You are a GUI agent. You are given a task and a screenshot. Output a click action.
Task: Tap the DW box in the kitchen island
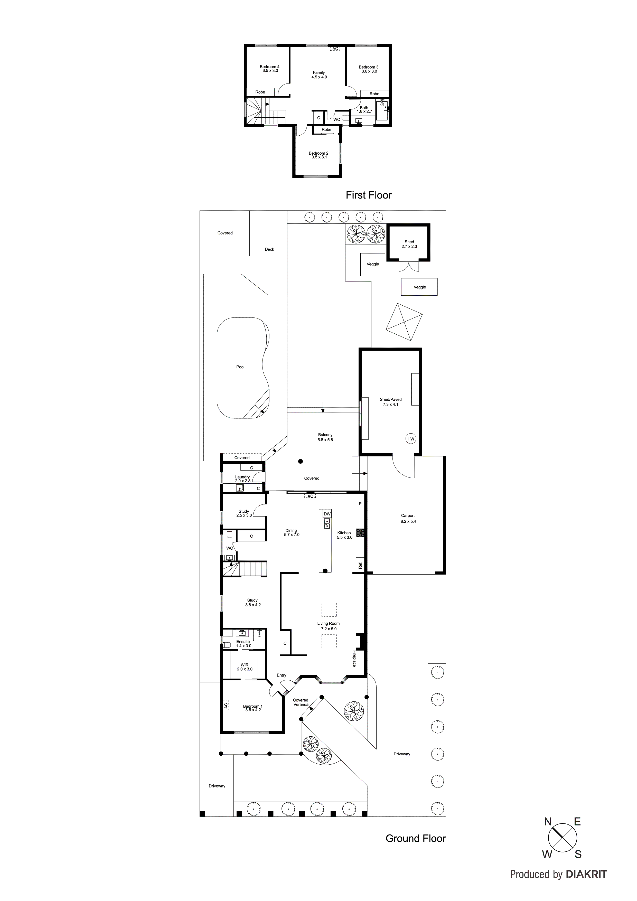click(x=327, y=514)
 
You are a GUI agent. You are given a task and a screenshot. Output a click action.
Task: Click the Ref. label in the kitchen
click(x=360, y=566)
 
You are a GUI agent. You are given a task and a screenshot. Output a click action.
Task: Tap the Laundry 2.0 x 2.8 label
click(x=242, y=479)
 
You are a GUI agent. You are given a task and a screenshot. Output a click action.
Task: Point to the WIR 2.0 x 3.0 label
click(x=245, y=667)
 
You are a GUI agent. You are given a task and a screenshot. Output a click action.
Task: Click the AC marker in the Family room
click(x=335, y=49)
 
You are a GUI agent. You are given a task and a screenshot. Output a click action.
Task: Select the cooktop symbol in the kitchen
click(x=360, y=533)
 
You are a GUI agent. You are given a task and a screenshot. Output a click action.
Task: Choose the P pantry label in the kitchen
click(x=360, y=503)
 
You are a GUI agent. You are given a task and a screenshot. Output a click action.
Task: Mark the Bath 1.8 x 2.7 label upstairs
click(x=364, y=109)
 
